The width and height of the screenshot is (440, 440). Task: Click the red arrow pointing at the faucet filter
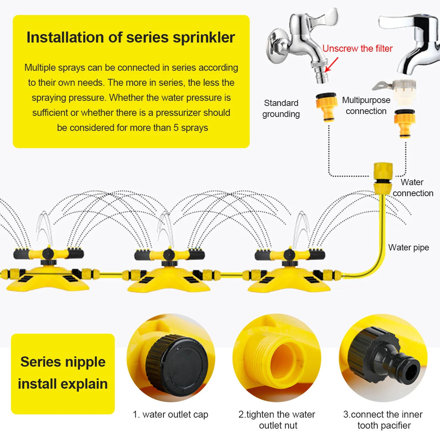[x=331, y=65]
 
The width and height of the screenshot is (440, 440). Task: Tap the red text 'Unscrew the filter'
[x=357, y=48]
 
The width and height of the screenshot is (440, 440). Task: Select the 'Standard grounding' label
[x=281, y=109]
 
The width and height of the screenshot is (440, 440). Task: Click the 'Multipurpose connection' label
[x=366, y=106]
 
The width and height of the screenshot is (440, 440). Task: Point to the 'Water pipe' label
[x=408, y=247]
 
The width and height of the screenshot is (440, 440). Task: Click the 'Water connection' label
[x=412, y=188]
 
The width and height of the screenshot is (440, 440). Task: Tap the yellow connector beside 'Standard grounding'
[x=326, y=107]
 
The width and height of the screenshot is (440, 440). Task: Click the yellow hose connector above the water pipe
[x=383, y=178]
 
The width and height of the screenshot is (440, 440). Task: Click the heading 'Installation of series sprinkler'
[x=131, y=37]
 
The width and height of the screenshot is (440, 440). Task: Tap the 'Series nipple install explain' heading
[x=63, y=373]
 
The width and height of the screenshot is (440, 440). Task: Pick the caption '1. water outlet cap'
[x=170, y=414]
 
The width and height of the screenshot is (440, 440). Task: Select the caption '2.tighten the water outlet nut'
[x=277, y=420]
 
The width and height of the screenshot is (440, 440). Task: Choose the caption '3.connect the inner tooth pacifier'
[x=383, y=420]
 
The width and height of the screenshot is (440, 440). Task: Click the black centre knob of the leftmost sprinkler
[x=47, y=253]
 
